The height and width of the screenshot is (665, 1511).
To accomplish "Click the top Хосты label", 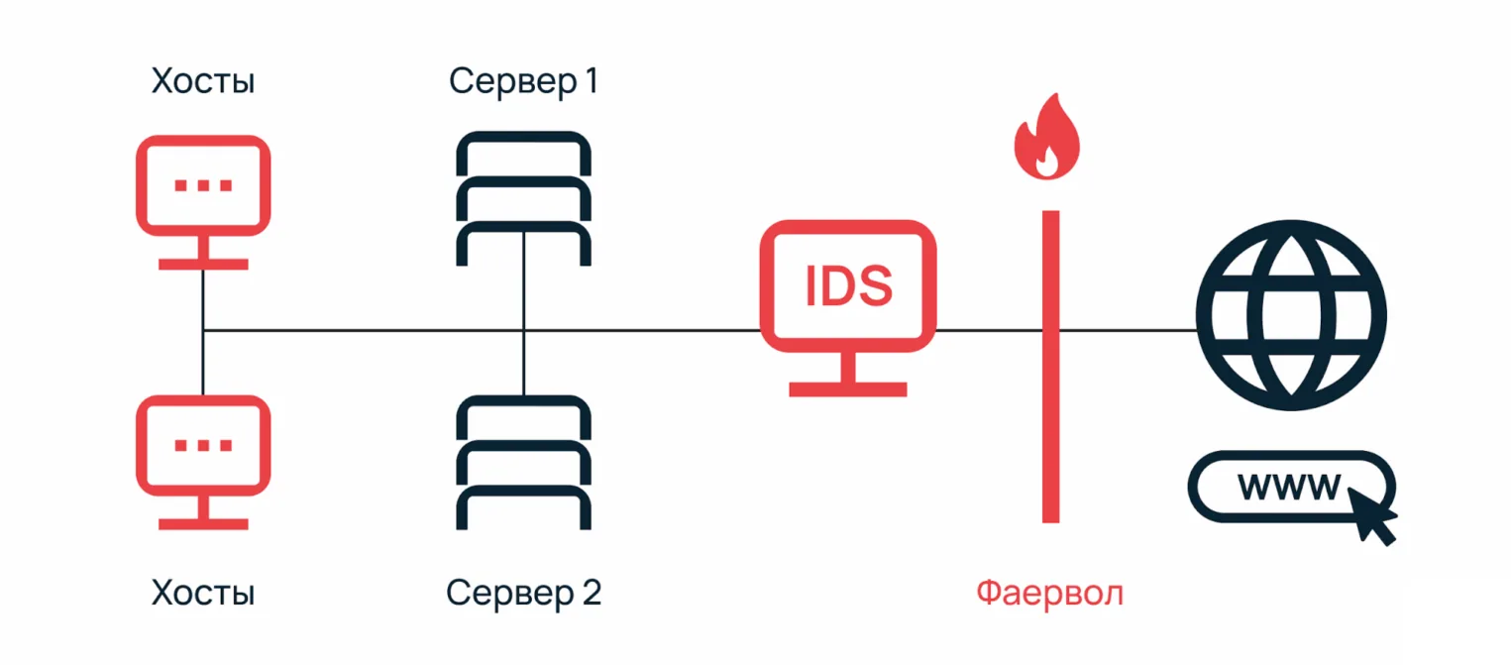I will click(203, 81).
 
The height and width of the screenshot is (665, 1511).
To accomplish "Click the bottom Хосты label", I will click(203, 593).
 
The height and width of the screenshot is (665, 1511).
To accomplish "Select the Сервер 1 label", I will click(522, 81).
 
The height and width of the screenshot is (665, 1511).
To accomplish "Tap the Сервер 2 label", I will click(522, 593).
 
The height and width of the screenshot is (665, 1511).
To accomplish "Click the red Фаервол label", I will click(1050, 593).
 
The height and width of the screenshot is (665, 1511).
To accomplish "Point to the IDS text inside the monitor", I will click(848, 285).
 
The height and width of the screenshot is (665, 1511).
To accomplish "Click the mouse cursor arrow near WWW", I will click(1372, 518).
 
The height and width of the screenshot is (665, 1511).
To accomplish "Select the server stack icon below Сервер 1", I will click(523, 198).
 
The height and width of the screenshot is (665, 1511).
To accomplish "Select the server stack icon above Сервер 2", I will click(523, 462).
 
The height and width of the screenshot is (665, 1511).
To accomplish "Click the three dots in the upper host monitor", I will click(203, 185).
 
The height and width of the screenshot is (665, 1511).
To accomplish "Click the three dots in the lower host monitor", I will click(203, 445).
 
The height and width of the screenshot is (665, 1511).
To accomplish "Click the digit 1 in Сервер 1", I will click(589, 81).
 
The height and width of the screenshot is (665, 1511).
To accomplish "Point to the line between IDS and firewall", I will click(986, 330).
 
